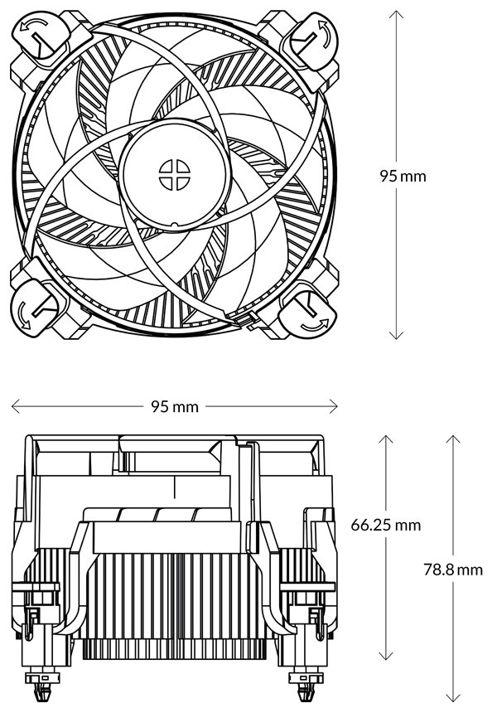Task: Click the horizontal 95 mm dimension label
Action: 175,406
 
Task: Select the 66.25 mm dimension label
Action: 386,525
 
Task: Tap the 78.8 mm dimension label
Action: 452,570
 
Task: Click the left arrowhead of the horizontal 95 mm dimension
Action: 14,406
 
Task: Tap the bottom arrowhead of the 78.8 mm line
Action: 451,697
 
